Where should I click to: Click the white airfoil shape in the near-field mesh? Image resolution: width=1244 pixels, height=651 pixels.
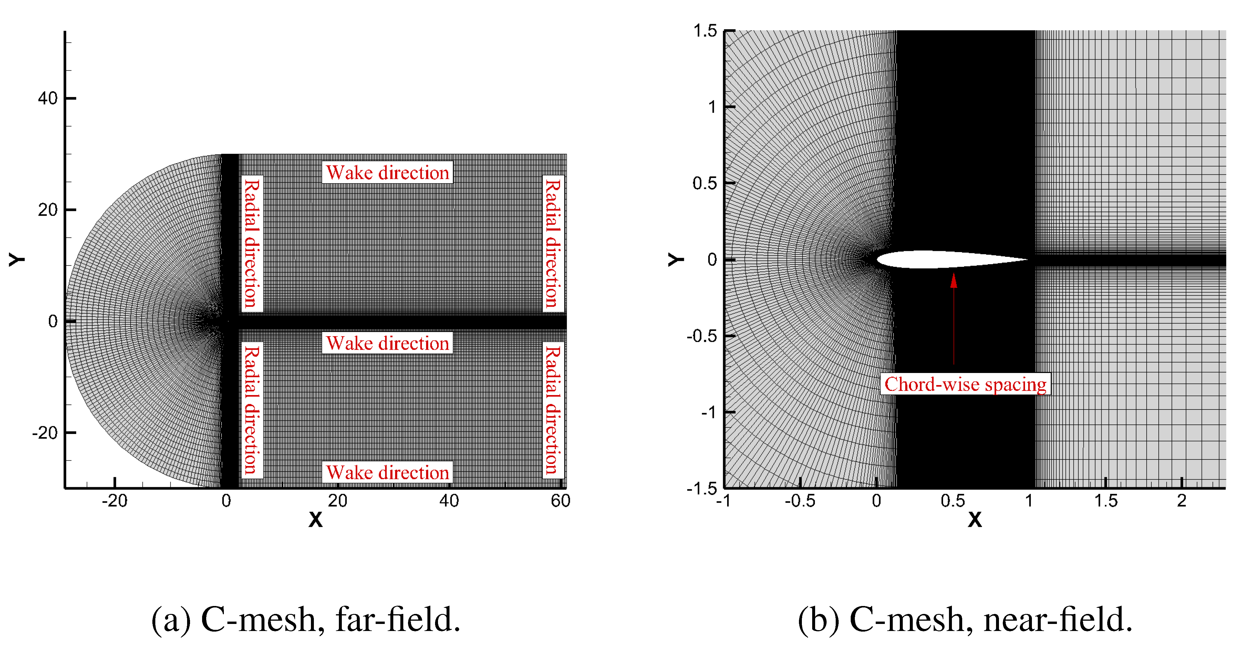(942, 259)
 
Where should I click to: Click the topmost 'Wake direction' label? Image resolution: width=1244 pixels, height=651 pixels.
(387, 172)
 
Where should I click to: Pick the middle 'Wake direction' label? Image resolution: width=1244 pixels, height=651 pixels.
(387, 343)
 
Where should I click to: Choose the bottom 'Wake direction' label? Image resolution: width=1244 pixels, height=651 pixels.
(387, 472)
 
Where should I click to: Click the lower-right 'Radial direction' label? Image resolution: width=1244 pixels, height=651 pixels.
(553, 409)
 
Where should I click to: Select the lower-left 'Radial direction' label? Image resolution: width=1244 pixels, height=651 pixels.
(252, 409)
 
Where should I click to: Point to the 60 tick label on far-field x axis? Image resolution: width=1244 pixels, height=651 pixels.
(560, 501)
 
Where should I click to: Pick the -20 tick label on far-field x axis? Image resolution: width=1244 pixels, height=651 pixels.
(114, 501)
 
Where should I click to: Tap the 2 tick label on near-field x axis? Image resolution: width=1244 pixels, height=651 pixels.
(1181, 501)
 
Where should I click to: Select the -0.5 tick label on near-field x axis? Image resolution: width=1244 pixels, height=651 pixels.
(800, 501)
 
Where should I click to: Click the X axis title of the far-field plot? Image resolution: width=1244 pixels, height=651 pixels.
(315, 520)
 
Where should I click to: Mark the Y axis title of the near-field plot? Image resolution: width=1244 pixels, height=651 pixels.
(676, 259)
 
